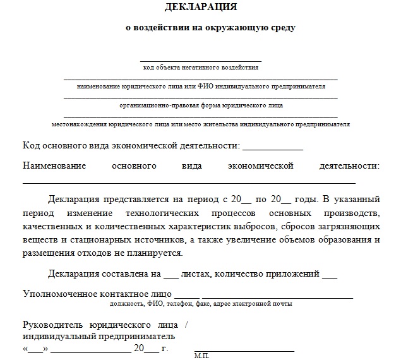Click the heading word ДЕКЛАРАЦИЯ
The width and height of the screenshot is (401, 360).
201,8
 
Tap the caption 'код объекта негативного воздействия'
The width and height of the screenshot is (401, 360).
201,67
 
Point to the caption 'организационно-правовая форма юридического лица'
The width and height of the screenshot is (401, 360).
201,105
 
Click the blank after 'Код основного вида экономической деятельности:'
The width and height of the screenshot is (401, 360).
272,148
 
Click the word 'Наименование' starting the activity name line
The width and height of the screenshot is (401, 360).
54,166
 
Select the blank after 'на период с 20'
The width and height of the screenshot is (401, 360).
246,200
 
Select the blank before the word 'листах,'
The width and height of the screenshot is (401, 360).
171,276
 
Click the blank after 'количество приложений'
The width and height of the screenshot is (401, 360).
329,276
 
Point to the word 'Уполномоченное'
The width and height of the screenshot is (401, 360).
61,294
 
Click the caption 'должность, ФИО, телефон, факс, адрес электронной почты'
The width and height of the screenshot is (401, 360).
201,304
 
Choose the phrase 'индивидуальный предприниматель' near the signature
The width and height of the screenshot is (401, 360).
99,337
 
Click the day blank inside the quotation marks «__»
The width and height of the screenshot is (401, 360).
35,349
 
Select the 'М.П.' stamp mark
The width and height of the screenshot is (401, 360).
202,356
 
